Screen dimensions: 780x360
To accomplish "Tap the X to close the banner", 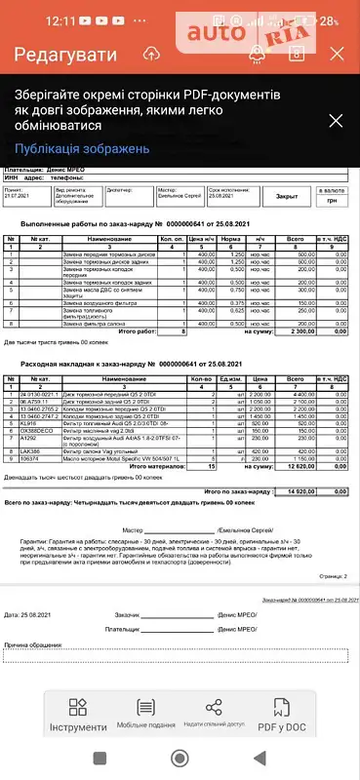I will click(335, 121).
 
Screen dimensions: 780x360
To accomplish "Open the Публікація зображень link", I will click(83, 149).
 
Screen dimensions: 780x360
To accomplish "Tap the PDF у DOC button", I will click(307, 716).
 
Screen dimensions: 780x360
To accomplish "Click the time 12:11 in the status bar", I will click(32, 19).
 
